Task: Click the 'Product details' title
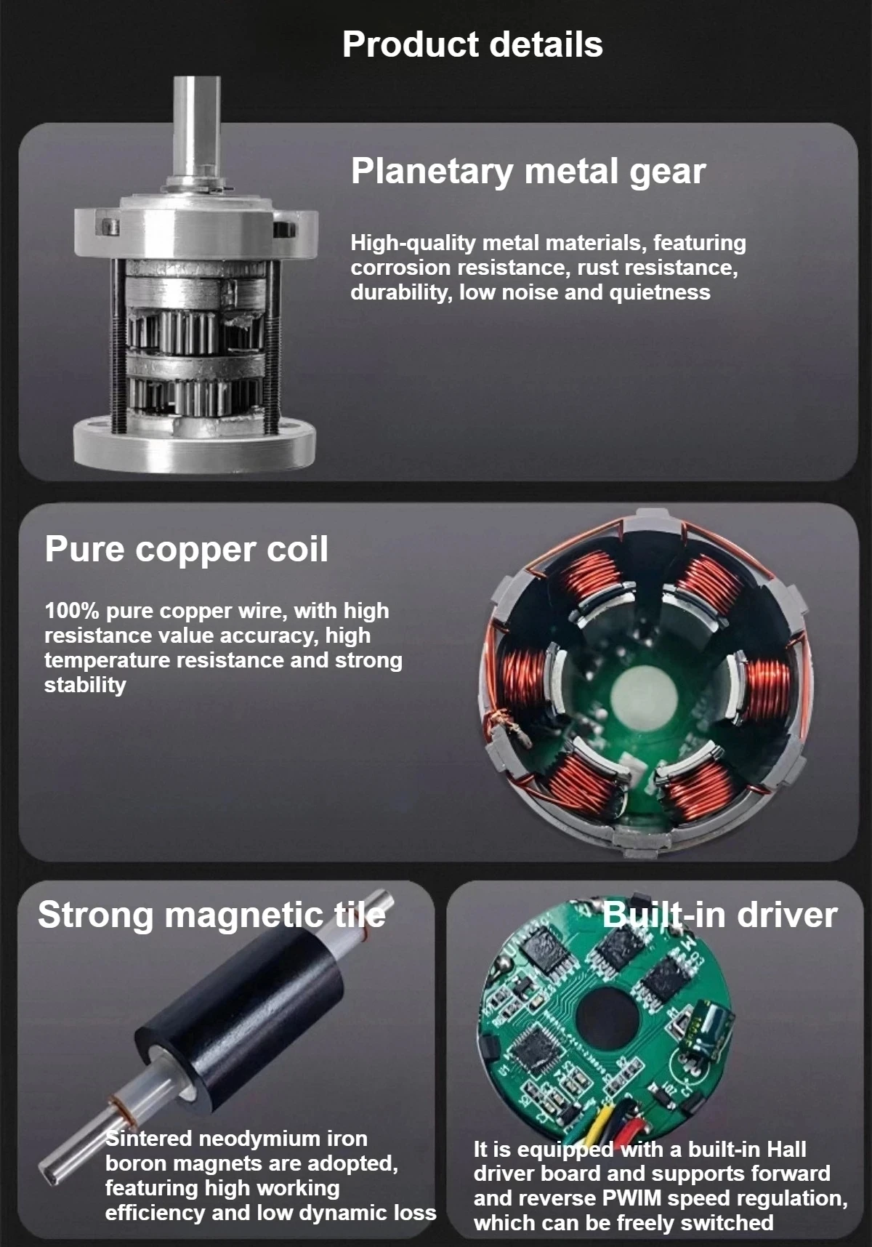coord(472,44)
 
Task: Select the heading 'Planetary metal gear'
coord(528,172)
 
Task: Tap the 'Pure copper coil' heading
coord(186,549)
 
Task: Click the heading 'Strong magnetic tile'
coord(211,915)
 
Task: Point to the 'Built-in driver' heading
coord(719,915)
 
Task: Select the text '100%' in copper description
coord(71,611)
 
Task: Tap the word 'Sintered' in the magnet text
coord(149,1139)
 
